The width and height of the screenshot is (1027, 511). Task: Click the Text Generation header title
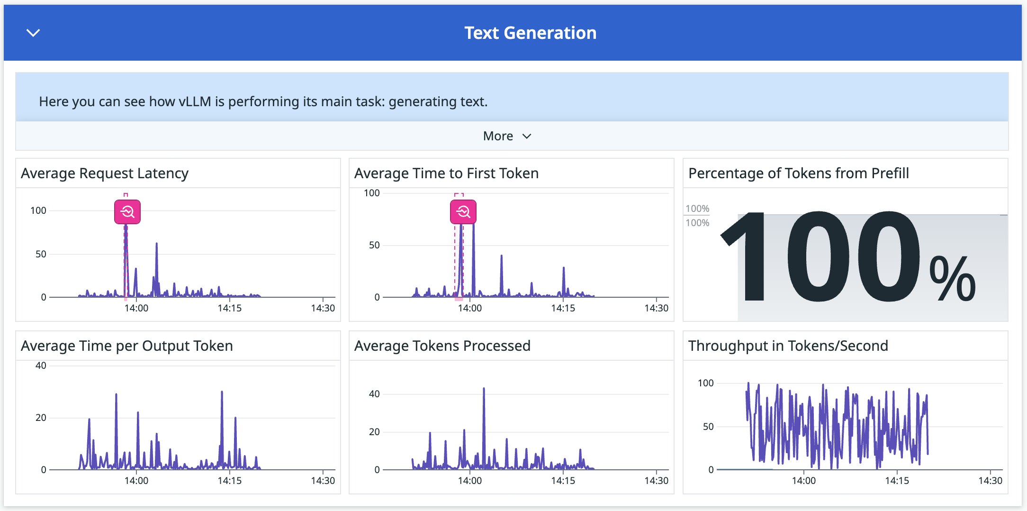coord(530,33)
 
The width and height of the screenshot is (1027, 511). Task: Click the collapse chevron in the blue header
coord(33,33)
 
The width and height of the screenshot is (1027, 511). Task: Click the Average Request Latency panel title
coord(105,173)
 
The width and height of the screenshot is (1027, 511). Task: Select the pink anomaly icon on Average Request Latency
coord(127,211)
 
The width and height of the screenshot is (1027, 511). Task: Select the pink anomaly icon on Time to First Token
coord(463,211)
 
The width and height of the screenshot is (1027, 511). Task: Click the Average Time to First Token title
coord(446,173)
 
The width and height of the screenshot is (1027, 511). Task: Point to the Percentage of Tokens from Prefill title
coord(798,173)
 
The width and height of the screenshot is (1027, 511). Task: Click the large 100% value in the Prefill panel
coord(848,258)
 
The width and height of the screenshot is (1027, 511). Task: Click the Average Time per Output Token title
coord(127,346)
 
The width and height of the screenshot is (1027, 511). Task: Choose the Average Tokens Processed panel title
coord(442,346)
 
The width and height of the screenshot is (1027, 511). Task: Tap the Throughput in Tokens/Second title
coord(788,346)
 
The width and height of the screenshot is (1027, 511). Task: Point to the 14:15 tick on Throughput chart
coord(897,481)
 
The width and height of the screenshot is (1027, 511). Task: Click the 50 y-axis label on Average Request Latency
coord(41,254)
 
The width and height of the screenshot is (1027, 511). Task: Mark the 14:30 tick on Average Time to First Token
coord(656,308)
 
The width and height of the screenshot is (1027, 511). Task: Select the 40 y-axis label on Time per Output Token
coord(41,365)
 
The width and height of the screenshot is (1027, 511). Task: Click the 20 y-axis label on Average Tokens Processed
coord(374,432)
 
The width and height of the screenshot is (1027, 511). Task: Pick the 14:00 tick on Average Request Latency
coord(136,308)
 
